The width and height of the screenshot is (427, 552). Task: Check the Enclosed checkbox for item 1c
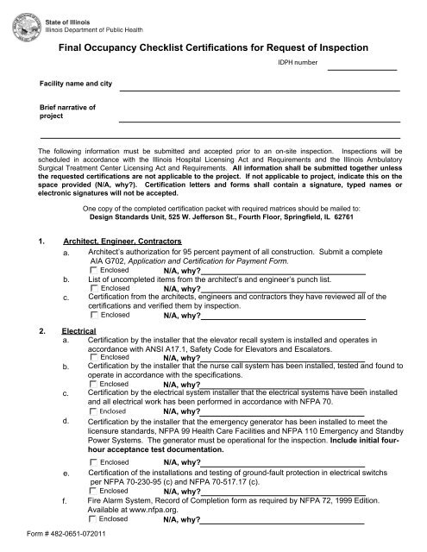(94, 315)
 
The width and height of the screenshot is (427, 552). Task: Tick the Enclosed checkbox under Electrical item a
(94, 356)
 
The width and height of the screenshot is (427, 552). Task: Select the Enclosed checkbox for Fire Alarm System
(94, 521)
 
